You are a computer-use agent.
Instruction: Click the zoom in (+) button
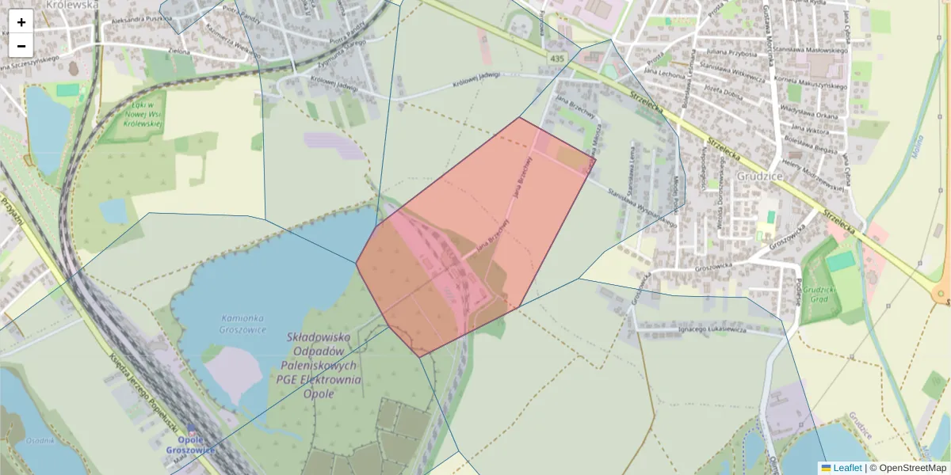pyautogui.click(x=21, y=22)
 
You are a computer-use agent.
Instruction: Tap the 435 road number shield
pyautogui.click(x=557, y=59)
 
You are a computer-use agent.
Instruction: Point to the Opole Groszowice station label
pyautogui.click(x=191, y=445)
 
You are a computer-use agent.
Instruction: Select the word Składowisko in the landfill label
pyautogui.click(x=321, y=338)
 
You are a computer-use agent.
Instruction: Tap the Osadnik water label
pyautogui.click(x=40, y=440)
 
